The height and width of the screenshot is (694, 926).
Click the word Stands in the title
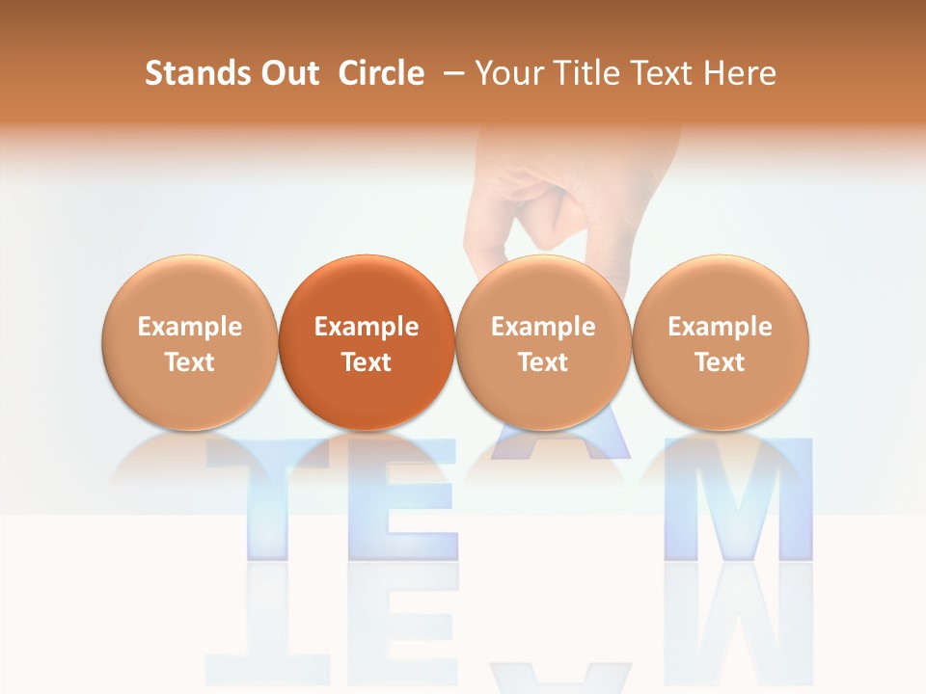point(191,73)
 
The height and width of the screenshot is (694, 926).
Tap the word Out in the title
point(286,73)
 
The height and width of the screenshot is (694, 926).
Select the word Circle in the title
point(381,73)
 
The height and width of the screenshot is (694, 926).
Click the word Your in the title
point(506,73)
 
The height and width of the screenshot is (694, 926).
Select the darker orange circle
point(367,342)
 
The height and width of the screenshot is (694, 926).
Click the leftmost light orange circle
point(190,342)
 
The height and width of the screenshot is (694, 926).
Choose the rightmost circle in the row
point(720,342)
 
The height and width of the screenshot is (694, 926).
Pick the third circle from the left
point(543,342)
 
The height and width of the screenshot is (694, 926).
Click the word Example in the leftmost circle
point(190,327)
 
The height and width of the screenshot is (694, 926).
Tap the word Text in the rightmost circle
point(720,362)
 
